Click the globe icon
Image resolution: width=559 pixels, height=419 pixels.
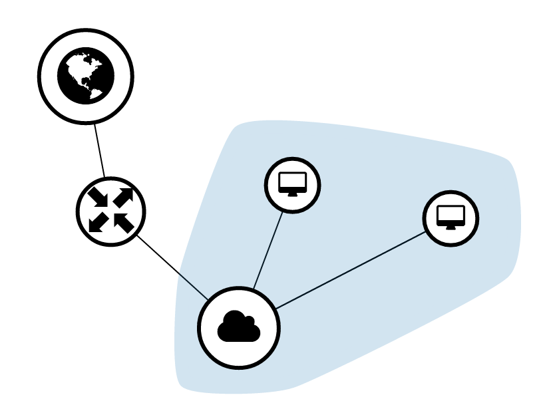(x=86, y=76)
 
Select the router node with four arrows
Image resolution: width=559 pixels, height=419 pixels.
(x=110, y=211)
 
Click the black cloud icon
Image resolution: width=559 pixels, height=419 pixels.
(x=238, y=327)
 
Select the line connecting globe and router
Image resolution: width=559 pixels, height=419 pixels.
(x=100, y=151)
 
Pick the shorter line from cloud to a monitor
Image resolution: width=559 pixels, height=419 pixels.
(x=268, y=250)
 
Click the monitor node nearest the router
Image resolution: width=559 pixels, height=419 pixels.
(x=293, y=185)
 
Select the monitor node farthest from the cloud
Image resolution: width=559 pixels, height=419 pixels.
(x=451, y=218)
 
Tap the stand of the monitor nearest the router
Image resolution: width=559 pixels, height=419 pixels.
(x=293, y=194)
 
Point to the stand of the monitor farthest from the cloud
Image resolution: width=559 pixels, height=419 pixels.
(x=451, y=227)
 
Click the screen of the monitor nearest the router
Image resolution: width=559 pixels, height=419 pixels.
(x=293, y=181)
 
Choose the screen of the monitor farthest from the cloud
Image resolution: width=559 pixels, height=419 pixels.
(x=451, y=213)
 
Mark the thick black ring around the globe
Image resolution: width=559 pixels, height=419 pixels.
(x=41, y=76)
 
